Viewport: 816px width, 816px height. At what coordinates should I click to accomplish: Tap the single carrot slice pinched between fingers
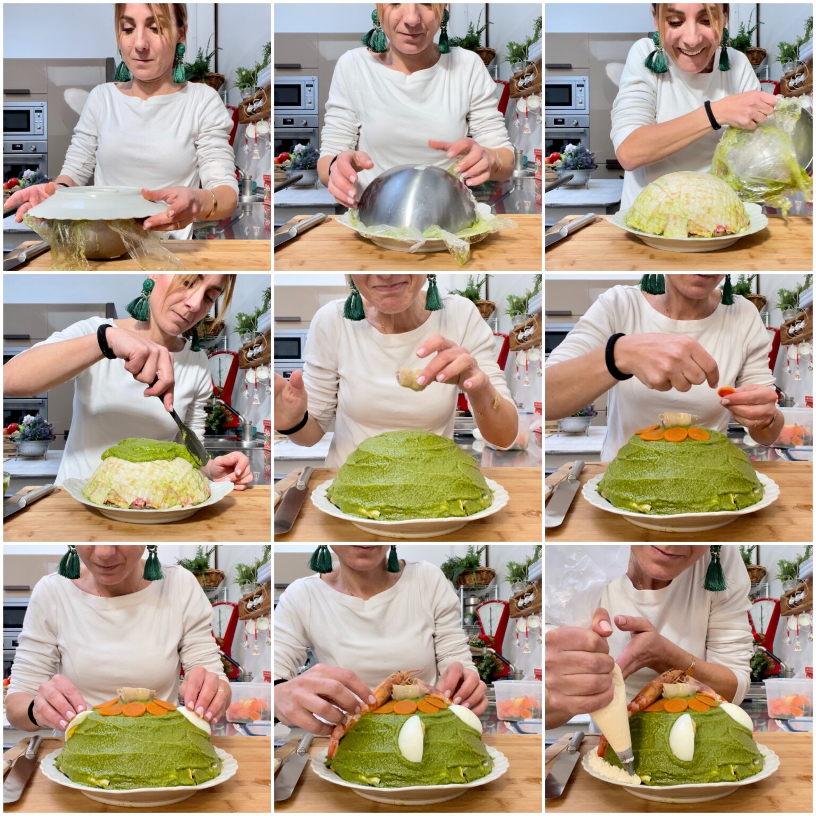[x=726, y=393]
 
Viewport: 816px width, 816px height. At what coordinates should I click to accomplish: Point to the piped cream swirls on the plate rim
[x=611, y=770]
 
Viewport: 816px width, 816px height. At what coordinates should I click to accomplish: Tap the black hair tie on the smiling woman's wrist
[x=712, y=115]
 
